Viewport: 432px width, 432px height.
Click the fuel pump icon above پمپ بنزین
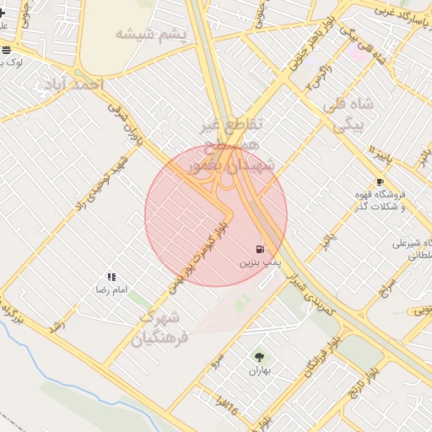click(x=260, y=249)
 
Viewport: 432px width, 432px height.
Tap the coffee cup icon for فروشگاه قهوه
click(x=380, y=182)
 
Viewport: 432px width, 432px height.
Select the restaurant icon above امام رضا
click(x=111, y=277)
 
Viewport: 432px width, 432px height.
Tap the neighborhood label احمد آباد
click(x=71, y=84)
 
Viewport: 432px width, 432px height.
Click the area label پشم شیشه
click(x=150, y=34)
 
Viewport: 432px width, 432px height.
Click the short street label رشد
click(x=58, y=326)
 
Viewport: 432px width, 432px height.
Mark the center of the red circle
click(x=216, y=215)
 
